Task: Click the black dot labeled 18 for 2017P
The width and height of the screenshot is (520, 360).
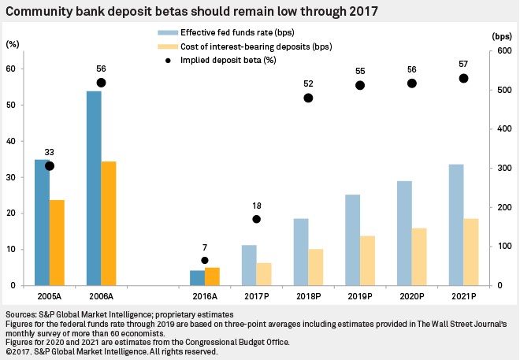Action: pyautogui.click(x=256, y=219)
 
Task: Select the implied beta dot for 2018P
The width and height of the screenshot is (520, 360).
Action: pyautogui.click(x=308, y=98)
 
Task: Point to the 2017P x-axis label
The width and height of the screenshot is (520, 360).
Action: pyautogui.click(x=256, y=297)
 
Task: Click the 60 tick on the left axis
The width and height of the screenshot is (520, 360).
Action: pyautogui.click(x=11, y=69)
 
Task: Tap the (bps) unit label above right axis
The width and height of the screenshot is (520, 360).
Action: pyautogui.click(x=500, y=36)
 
